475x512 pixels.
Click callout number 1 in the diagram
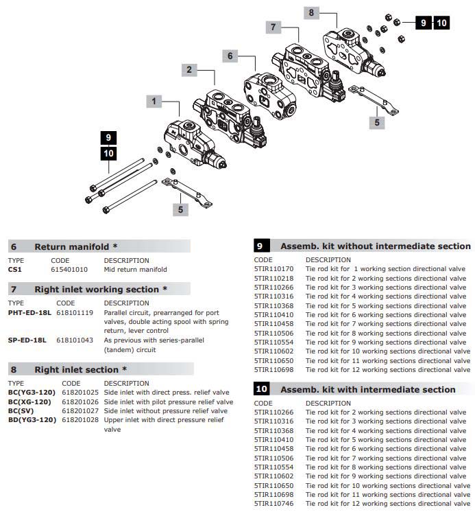click(x=154, y=101)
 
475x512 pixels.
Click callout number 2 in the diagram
click(x=189, y=69)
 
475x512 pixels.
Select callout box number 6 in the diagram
click(x=230, y=55)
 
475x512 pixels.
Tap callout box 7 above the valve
click(x=273, y=27)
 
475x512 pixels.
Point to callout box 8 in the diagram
click(x=311, y=12)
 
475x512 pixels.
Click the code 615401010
click(x=69, y=270)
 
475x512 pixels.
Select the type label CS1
click(x=15, y=270)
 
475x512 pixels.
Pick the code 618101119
click(x=74, y=312)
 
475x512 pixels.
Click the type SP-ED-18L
click(x=27, y=340)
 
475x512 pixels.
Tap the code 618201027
click(x=80, y=411)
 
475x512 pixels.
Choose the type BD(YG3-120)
click(x=32, y=420)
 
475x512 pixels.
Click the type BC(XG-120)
click(x=29, y=402)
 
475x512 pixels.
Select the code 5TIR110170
click(x=273, y=269)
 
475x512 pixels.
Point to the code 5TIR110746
click(x=273, y=503)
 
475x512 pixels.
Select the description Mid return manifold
click(x=135, y=270)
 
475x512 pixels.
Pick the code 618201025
click(x=80, y=393)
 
